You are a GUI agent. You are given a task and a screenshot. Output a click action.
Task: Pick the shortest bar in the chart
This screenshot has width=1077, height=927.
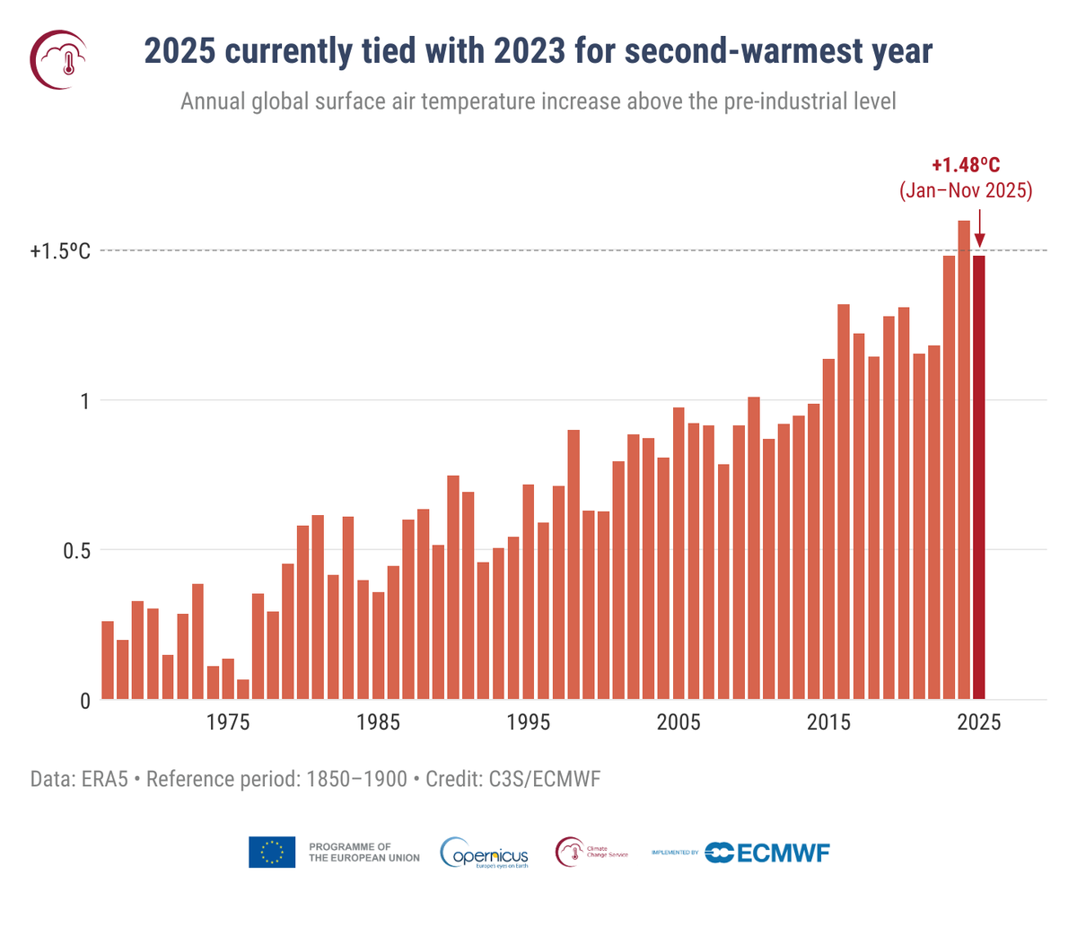click(x=243, y=689)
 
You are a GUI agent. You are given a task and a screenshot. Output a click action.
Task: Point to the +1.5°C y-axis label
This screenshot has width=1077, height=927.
click(x=60, y=251)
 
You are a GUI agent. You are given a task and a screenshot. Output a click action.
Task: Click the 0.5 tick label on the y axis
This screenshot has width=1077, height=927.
click(x=75, y=550)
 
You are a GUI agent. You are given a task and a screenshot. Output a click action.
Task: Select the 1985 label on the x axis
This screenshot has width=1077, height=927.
click(x=378, y=723)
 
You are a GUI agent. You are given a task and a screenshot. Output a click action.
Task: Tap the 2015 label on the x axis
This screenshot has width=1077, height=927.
click(x=828, y=723)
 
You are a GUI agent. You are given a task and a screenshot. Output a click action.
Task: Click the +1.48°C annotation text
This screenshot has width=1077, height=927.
click(x=965, y=165)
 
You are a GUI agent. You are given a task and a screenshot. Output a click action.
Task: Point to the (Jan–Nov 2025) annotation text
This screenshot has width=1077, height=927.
click(x=966, y=191)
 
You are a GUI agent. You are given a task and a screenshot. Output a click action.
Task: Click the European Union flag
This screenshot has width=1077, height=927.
click(x=272, y=853)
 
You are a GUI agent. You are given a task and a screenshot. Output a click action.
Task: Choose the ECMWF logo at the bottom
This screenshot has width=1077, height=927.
click(x=767, y=853)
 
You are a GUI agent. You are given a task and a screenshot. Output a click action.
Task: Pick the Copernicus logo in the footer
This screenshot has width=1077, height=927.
click(x=486, y=853)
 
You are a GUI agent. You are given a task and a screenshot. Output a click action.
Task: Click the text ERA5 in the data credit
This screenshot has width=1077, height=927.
click(x=104, y=778)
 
